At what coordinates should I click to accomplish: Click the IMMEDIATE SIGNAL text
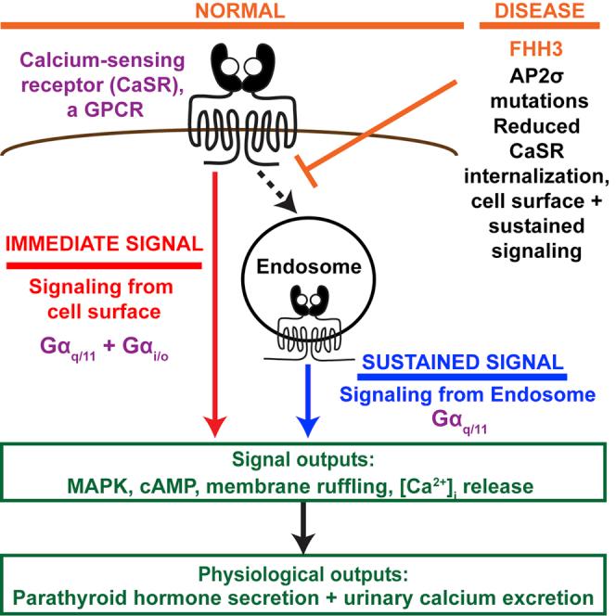[108, 246]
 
